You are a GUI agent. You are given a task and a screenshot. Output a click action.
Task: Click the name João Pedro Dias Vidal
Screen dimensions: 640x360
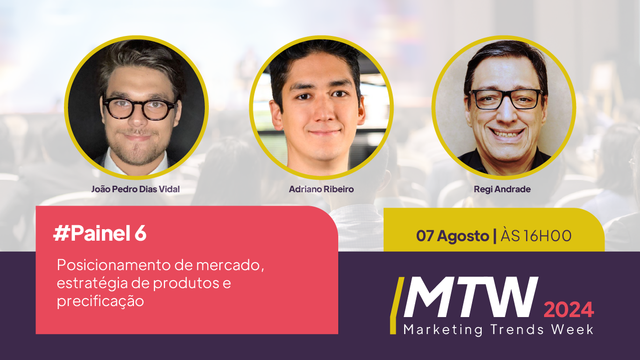(x=135, y=189)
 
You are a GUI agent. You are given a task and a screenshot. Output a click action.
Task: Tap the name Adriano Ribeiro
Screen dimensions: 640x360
(x=321, y=189)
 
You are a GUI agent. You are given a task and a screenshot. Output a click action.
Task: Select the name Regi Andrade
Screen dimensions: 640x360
(x=502, y=189)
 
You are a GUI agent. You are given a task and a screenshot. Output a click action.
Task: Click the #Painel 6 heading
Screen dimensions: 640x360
(x=100, y=234)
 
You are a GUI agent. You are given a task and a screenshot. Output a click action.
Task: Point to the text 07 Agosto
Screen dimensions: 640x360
(x=452, y=236)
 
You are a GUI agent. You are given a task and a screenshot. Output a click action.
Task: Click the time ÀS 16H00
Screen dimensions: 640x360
(x=536, y=235)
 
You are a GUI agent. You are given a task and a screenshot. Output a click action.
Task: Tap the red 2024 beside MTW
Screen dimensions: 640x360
(x=569, y=310)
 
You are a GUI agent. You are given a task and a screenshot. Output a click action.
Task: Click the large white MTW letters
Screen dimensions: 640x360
(x=471, y=297)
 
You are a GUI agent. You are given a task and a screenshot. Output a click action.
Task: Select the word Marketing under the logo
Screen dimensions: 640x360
(x=443, y=330)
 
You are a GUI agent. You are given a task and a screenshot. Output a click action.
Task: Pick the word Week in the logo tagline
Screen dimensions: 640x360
(x=572, y=329)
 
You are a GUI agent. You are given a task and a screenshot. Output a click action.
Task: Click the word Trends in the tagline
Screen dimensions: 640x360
(x=517, y=329)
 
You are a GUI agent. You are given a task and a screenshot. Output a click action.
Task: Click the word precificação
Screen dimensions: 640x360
(x=100, y=302)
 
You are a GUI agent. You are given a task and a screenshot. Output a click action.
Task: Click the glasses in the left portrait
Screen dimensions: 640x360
(x=140, y=108)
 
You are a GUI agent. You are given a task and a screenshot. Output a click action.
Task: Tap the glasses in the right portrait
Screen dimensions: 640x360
(x=506, y=99)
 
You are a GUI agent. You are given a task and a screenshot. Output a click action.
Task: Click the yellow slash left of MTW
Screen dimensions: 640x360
(x=397, y=306)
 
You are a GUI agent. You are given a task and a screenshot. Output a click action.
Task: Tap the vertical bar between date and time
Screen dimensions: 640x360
(x=495, y=236)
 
